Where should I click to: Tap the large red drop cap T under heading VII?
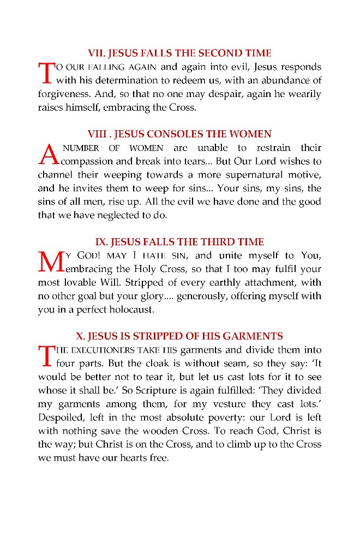(x=47, y=74)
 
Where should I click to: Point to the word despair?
(x=225, y=94)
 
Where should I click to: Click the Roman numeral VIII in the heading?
(x=98, y=134)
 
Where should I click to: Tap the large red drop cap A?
(x=49, y=154)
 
